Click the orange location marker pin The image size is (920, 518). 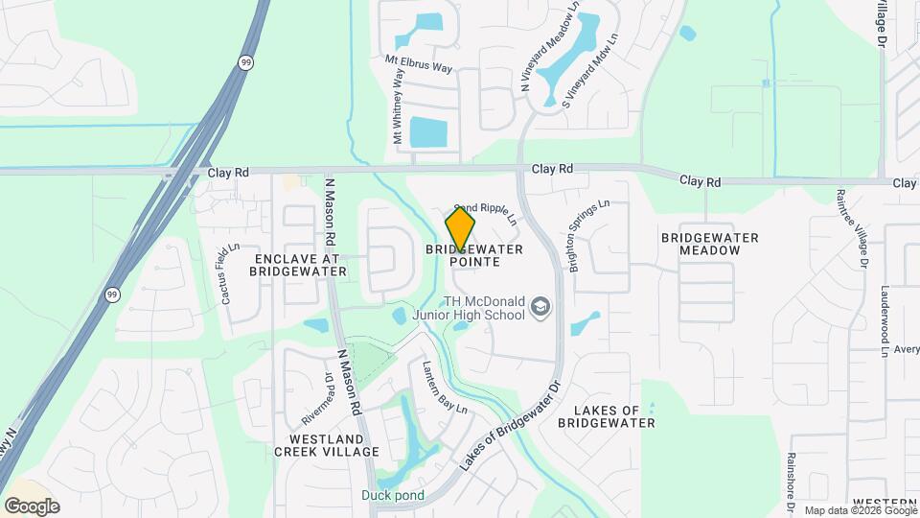(x=460, y=229)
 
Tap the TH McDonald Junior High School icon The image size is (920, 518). (x=540, y=307)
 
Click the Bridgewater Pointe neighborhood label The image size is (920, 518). (x=474, y=255)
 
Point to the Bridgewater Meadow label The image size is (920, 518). (x=710, y=244)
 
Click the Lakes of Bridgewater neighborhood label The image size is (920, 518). (x=613, y=416)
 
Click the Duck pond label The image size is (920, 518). (x=393, y=496)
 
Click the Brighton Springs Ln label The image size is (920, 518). (x=589, y=236)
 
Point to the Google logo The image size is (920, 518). (x=32, y=506)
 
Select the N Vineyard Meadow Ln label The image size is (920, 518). (x=550, y=46)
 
